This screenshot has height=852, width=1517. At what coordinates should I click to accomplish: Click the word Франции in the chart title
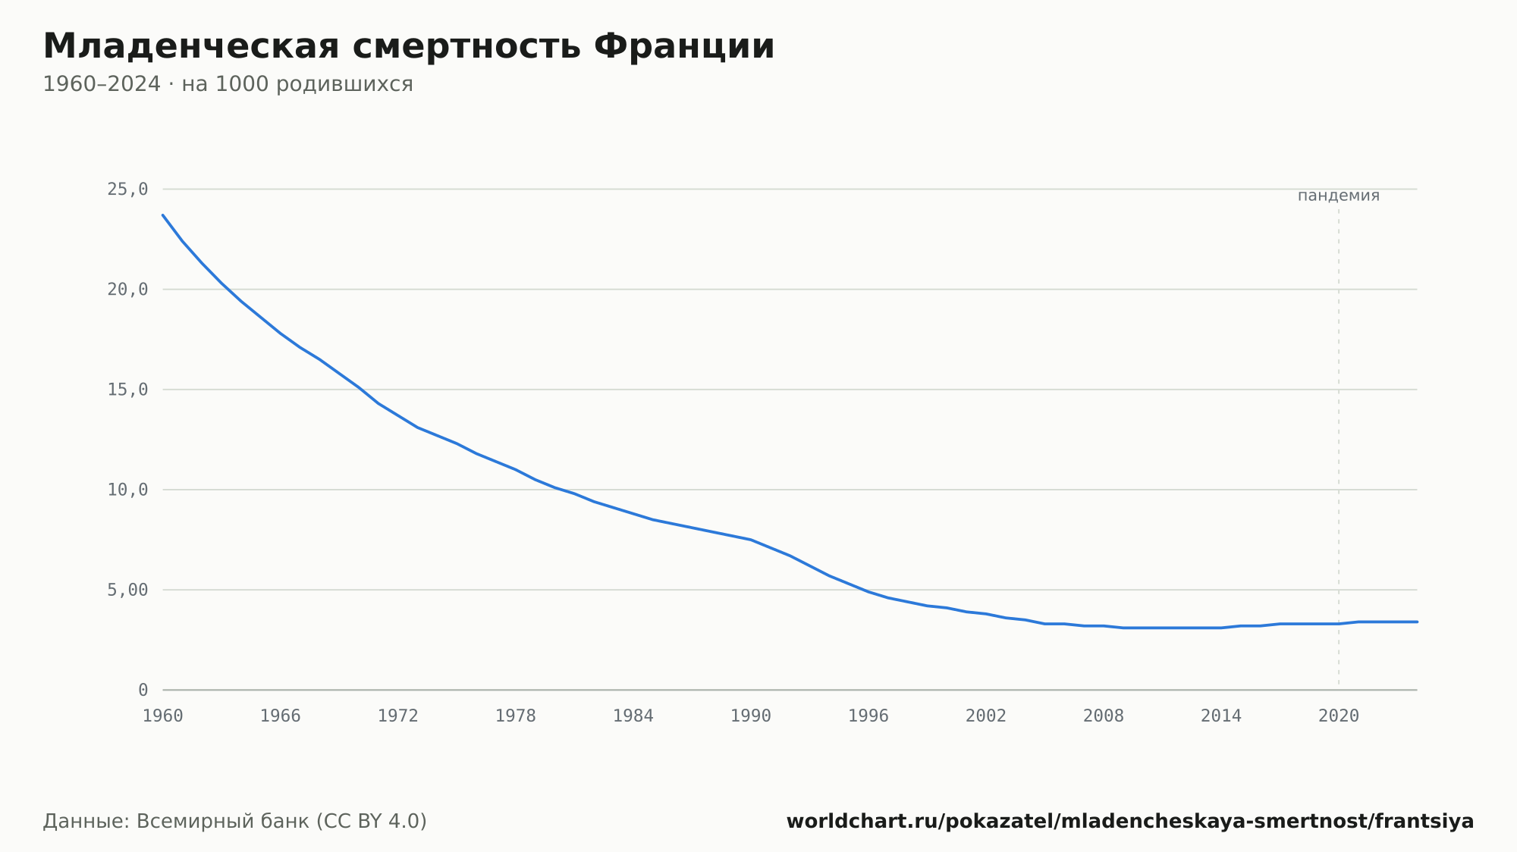[684, 47]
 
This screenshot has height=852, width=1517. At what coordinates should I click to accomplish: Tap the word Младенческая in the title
[191, 47]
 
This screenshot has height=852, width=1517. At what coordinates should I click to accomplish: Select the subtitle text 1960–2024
[102, 84]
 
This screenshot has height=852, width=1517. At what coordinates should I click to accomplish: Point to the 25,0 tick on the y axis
[127, 190]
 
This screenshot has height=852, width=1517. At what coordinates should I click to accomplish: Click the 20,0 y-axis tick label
[127, 290]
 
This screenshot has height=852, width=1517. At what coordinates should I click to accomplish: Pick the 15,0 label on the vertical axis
[127, 390]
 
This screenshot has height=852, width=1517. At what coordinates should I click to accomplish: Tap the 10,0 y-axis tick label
[127, 490]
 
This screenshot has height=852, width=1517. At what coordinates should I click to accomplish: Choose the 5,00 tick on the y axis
[127, 590]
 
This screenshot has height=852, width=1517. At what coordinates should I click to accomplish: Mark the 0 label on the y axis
[143, 690]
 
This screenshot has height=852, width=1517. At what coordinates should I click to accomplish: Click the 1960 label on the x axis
[163, 716]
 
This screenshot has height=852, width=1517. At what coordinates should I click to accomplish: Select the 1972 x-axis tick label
[398, 716]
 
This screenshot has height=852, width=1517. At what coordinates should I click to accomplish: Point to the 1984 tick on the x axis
[633, 716]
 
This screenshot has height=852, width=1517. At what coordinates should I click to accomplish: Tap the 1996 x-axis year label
[868, 716]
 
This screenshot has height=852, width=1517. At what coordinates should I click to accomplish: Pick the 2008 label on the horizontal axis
[1104, 716]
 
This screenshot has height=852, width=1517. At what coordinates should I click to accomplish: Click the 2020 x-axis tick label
[1339, 716]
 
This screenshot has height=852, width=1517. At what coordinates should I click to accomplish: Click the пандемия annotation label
[1339, 196]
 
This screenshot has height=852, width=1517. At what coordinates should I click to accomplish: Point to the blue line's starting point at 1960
[163, 215]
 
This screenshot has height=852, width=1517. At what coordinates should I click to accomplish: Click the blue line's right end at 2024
[1417, 622]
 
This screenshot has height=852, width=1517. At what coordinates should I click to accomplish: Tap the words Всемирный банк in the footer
[223, 822]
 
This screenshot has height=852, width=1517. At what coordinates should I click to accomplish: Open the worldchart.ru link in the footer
[1130, 822]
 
